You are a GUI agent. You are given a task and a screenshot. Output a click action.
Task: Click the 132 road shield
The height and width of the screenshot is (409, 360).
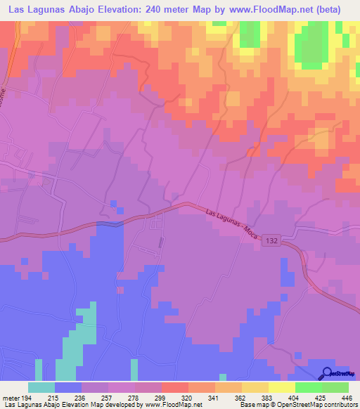[272, 240]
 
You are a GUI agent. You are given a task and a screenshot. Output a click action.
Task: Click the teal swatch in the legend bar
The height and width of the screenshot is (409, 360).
[41, 387]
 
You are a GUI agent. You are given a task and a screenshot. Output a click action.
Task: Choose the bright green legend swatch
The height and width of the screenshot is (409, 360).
[309, 387]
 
